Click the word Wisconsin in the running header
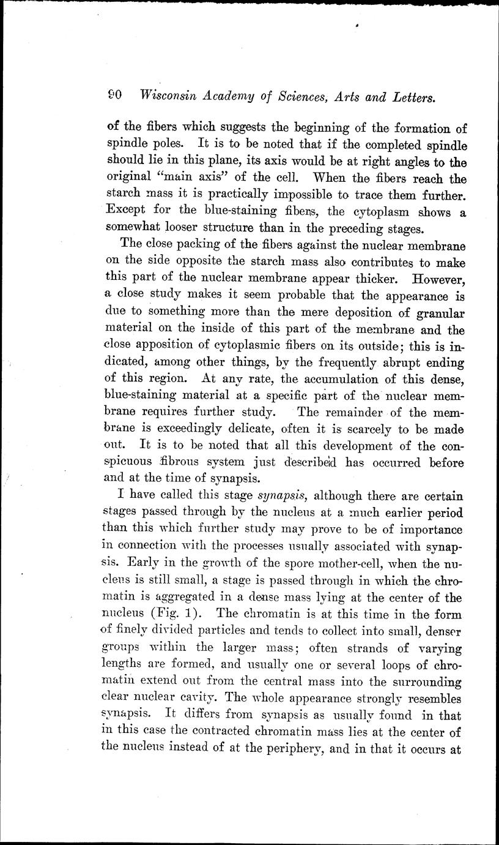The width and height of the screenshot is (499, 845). click(x=169, y=96)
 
